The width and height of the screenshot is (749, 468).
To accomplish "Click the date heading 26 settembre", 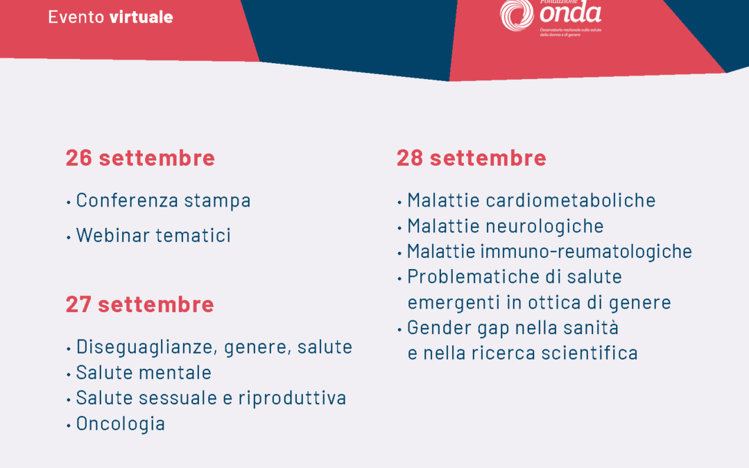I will pos(140,158).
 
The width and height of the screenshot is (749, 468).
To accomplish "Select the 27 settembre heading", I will pos(139,304).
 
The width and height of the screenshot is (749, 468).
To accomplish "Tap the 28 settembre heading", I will pos(471,158).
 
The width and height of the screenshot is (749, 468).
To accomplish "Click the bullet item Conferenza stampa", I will pos(163,200).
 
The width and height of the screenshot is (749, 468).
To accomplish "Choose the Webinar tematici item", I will pos(153,235).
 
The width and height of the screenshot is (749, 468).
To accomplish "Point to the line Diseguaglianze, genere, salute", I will pos(214,347).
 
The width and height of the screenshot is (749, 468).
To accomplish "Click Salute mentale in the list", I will pos(144,373).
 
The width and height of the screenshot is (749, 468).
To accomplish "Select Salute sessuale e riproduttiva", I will pos(211,398).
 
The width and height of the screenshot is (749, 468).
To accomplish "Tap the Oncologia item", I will pos(121,424).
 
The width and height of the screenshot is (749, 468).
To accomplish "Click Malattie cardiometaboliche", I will pos(531,200).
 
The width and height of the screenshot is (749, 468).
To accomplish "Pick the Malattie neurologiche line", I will pos(505,226).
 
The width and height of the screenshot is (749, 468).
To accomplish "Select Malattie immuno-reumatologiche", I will pos(549,251).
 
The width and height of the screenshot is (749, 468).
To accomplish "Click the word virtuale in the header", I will pos(141,17).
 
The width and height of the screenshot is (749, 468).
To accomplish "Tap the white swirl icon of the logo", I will pos(517,15).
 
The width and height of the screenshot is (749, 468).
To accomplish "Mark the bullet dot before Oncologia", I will pos(69,425).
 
